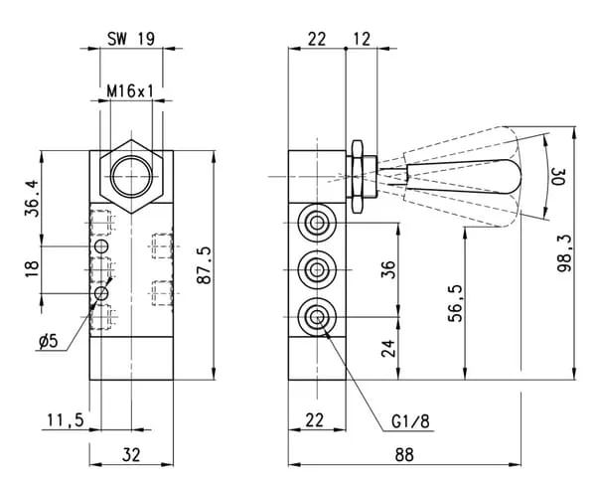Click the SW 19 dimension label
pyautogui.click(x=131, y=39)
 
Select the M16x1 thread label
pyautogui.click(x=130, y=91)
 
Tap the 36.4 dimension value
pyautogui.click(x=32, y=198)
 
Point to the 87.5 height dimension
pyautogui.click(x=204, y=265)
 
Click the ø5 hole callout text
pyautogui.click(x=49, y=342)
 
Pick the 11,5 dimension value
pyautogui.click(x=66, y=420)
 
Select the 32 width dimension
pyautogui.click(x=131, y=455)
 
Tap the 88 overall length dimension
pyautogui.click(x=404, y=455)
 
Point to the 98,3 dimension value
pyautogui.click(x=564, y=253)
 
